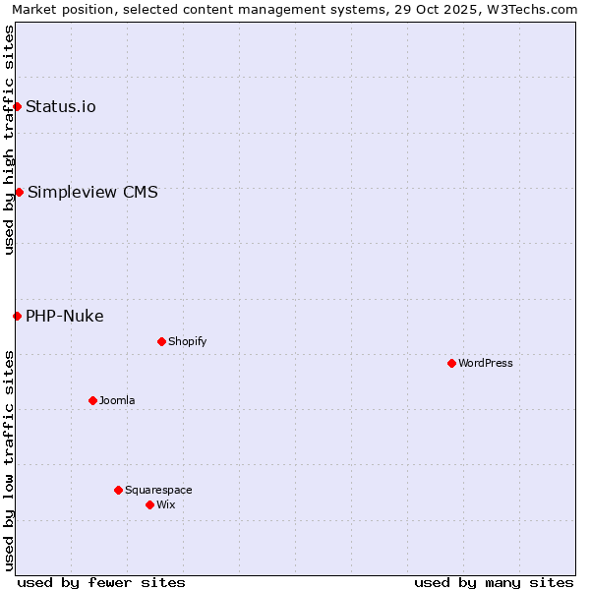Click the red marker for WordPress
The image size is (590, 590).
451,363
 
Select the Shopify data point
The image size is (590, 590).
161,341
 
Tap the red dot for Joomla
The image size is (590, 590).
92,400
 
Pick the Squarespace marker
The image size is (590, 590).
118,490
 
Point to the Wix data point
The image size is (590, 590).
149,504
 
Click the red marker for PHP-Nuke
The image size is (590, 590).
17,316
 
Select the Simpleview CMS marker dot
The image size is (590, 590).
19,192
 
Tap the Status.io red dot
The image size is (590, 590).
17,106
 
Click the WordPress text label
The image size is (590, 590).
486,363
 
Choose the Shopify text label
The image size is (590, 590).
188,341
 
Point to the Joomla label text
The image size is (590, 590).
117,400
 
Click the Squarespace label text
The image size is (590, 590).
158,490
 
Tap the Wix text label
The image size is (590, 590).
166,504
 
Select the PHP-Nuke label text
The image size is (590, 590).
65,316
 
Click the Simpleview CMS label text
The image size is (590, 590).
92,192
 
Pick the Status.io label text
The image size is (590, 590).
61,106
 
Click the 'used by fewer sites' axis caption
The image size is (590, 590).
101,582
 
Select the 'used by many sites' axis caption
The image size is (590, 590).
494,582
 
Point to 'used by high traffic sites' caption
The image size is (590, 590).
9,141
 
